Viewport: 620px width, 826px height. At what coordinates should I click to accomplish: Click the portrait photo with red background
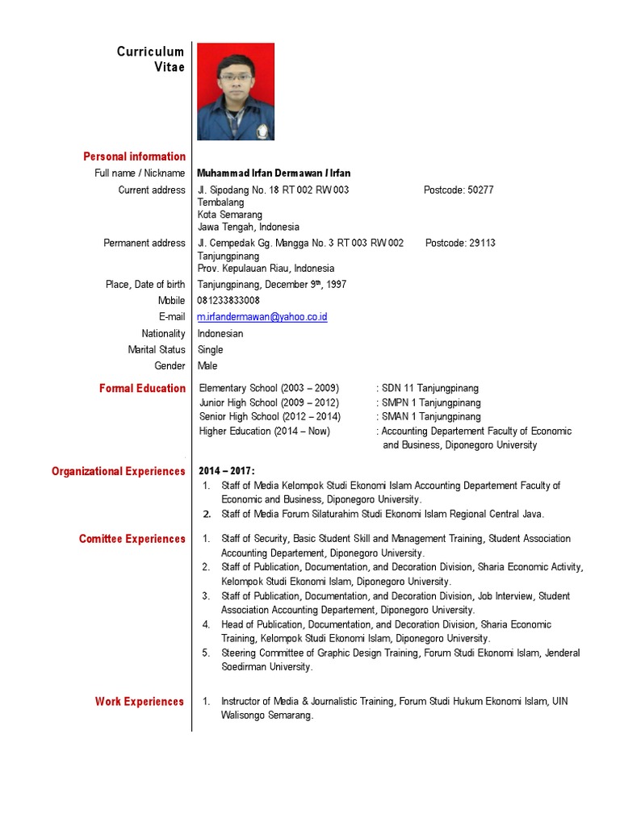pos(236,91)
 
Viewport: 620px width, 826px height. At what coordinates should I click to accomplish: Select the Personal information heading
pos(134,156)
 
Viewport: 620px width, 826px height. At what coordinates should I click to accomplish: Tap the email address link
pos(262,317)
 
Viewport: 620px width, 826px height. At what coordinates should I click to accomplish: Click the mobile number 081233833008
pos(228,300)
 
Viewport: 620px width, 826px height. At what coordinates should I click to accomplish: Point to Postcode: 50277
pos(459,190)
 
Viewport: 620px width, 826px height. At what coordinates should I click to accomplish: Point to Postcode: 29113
pos(460,243)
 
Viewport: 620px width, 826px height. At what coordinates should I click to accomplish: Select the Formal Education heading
pos(142,388)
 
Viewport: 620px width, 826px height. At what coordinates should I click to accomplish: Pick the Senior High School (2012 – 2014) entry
pos(270,416)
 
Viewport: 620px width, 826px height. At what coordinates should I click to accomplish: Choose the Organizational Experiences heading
pos(119,471)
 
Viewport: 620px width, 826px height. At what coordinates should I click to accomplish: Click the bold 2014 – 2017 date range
pos(227,471)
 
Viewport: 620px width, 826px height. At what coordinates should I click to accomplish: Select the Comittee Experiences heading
pos(132,539)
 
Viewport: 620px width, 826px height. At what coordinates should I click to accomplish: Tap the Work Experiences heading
pos(140,702)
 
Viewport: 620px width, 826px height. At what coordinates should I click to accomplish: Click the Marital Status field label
pos(157,349)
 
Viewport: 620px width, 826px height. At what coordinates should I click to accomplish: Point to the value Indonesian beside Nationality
pos(220,333)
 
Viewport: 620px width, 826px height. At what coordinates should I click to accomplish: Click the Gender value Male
pos(207,365)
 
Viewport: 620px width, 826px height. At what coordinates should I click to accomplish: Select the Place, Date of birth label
pos(145,284)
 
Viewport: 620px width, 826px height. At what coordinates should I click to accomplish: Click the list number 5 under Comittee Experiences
pos(206,653)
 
